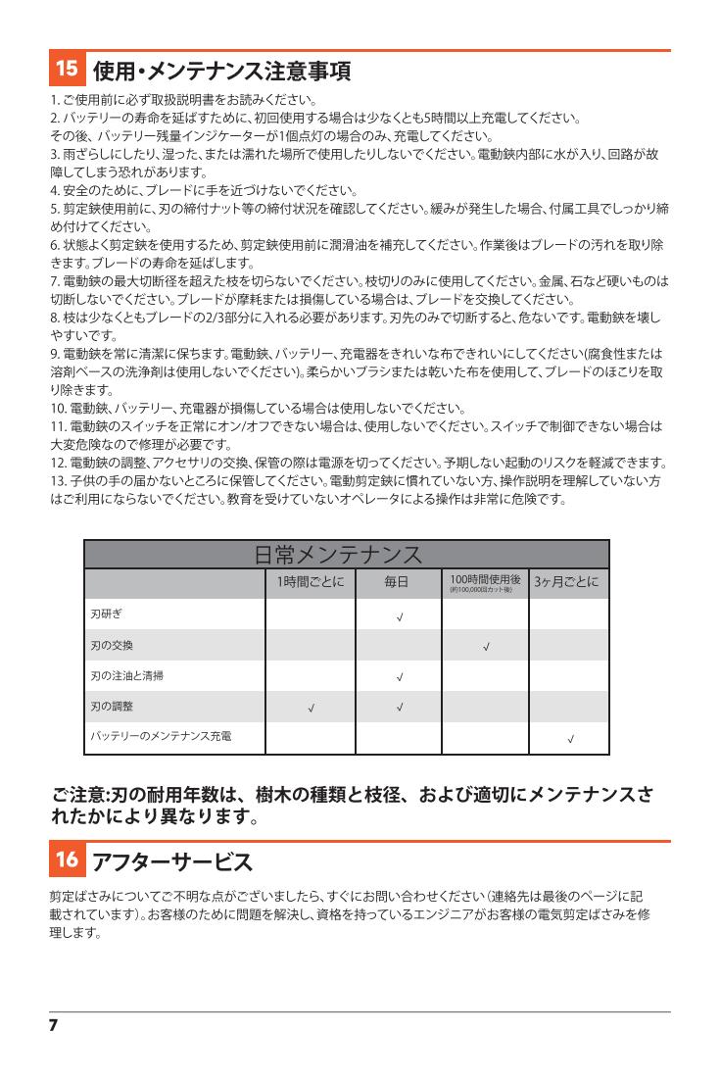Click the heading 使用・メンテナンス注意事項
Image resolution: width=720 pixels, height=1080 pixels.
point(221,71)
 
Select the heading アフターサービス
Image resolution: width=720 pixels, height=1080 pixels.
point(172,862)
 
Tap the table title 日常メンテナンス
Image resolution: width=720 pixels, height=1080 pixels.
point(339,555)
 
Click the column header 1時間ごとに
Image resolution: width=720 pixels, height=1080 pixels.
point(311,582)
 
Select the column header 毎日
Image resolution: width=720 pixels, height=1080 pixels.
point(398,582)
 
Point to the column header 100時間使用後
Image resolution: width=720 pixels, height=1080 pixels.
point(485,580)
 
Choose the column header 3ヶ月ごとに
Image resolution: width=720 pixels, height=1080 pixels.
point(569,582)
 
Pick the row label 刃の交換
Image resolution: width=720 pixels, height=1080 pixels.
point(112,645)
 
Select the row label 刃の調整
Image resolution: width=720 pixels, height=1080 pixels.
point(112,706)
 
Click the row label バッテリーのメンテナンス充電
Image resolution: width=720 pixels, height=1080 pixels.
point(161,735)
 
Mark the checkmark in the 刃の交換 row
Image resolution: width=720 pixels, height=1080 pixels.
point(486,647)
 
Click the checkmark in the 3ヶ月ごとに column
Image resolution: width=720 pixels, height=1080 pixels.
point(570,738)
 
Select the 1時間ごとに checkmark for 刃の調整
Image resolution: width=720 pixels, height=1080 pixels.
point(311,708)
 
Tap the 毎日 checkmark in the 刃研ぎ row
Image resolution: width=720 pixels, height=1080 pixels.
point(399,617)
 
